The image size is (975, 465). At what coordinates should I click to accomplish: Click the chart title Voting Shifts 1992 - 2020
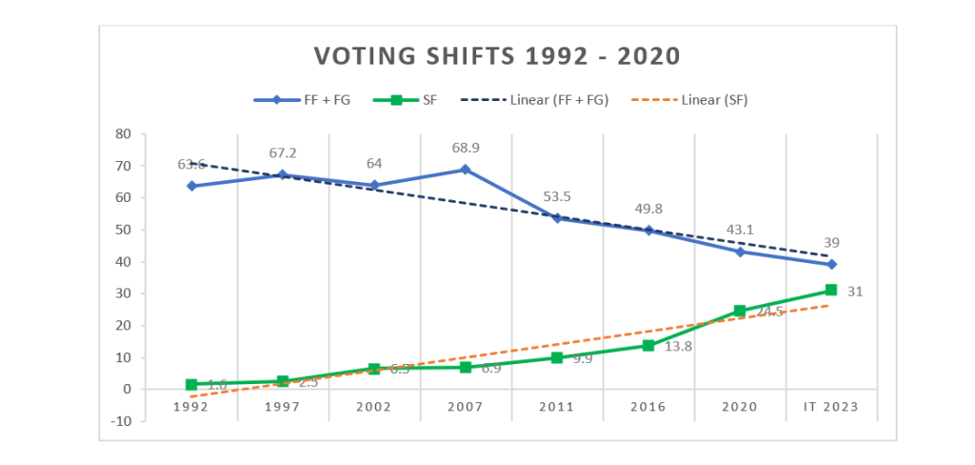[497, 56]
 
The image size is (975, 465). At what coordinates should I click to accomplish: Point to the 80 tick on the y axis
[123, 134]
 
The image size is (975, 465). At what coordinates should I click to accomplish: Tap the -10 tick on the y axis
[121, 421]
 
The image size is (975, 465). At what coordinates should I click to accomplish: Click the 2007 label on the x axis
[466, 407]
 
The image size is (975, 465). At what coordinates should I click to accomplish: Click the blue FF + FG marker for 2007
[466, 170]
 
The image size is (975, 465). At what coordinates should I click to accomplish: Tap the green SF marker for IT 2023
[831, 290]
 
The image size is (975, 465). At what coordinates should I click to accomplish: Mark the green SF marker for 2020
[740, 311]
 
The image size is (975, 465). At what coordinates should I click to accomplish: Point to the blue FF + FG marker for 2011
[557, 218]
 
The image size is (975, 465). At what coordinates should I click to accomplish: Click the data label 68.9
[466, 149]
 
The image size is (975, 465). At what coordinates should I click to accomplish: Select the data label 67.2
[284, 153]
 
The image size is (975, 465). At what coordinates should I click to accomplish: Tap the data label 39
[831, 243]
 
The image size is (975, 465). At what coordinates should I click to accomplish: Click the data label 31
[855, 292]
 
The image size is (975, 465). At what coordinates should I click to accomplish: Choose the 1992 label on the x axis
[191, 407]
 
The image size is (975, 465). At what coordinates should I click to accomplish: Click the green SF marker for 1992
[191, 385]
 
